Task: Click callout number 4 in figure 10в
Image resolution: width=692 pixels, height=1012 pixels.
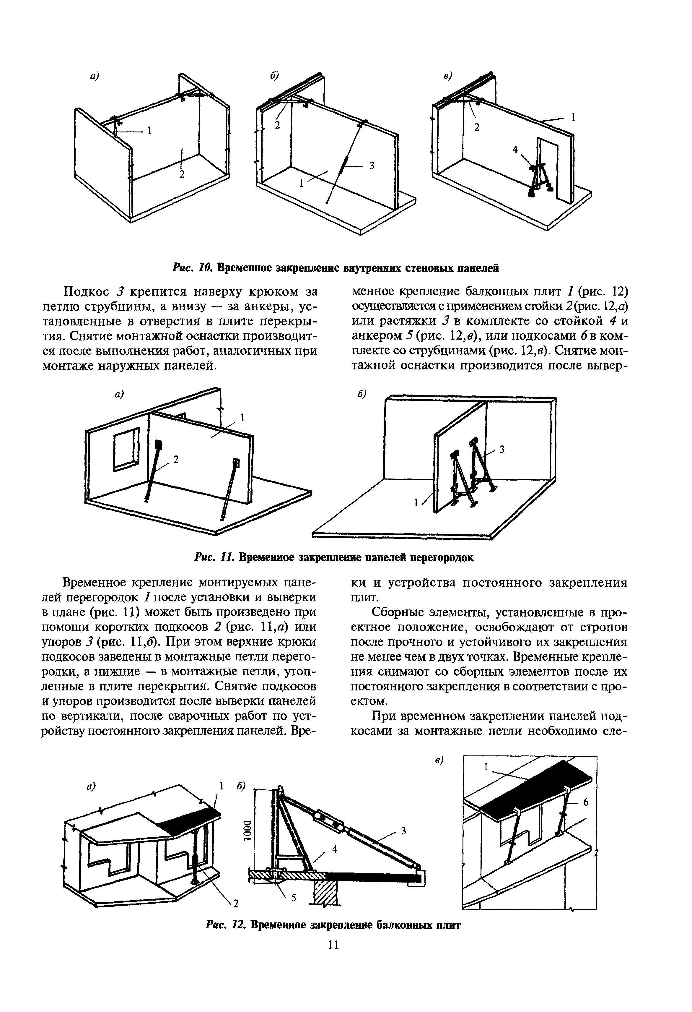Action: [515, 149]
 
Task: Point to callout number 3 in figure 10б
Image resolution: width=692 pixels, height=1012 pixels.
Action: [371, 166]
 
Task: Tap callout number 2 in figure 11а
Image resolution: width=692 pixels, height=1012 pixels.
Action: [176, 459]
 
